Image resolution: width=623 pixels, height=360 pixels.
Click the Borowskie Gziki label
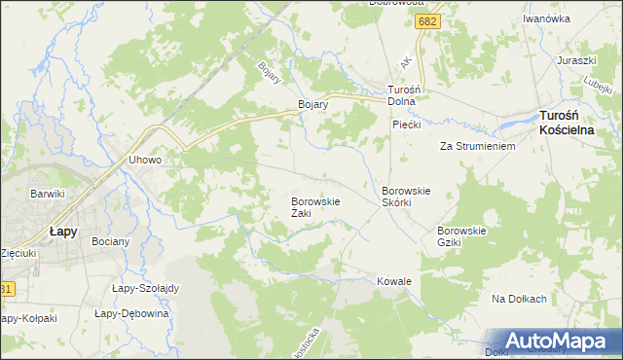tap(461, 235)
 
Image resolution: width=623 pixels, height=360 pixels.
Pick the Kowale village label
tap(394, 281)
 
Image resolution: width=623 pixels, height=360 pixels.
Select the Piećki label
tap(406, 125)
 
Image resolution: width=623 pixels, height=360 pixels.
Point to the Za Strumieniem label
tap(476, 146)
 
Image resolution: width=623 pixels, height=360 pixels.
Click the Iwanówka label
tap(545, 18)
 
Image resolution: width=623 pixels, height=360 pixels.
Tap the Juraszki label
tap(575, 60)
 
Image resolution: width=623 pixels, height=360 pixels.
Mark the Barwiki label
tap(47, 194)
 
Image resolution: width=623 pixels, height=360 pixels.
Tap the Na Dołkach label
tap(519, 299)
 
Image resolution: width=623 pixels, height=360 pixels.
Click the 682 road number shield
tap(425, 21)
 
